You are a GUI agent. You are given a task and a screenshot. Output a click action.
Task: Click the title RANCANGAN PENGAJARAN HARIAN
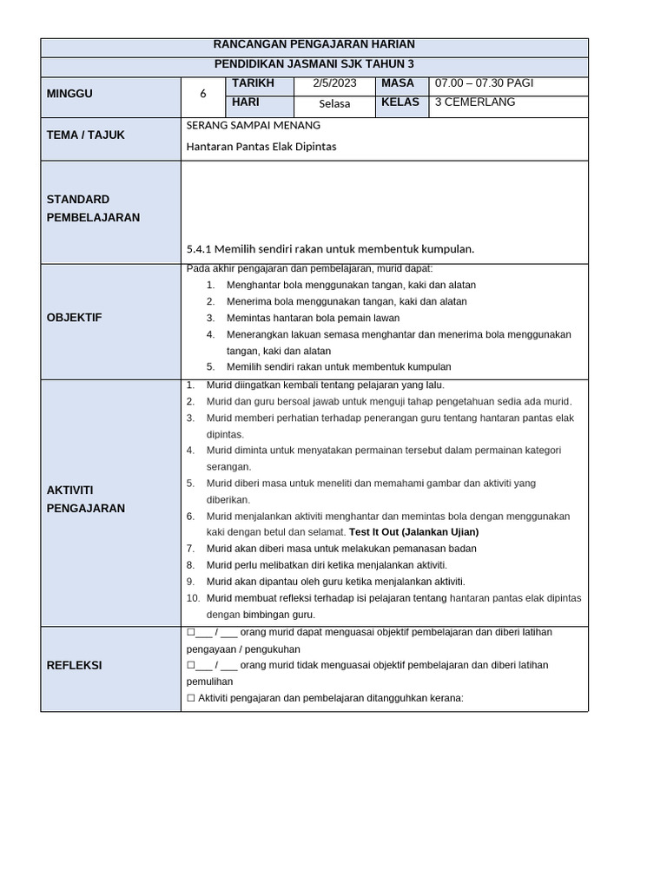click(314, 44)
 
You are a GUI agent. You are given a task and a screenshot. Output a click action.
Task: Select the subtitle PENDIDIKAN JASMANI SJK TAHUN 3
click(314, 64)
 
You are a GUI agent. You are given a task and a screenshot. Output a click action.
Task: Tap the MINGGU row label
click(69, 94)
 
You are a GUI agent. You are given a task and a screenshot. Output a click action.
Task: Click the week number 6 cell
click(203, 94)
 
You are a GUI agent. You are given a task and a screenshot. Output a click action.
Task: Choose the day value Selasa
click(334, 103)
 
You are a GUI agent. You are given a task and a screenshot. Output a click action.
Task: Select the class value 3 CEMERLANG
click(475, 102)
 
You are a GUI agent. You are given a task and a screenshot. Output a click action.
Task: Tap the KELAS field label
click(400, 102)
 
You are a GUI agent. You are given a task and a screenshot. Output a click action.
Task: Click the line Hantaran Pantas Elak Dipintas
click(261, 147)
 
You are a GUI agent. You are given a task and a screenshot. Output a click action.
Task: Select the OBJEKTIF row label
click(74, 318)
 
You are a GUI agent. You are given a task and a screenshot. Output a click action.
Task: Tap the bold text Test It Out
click(380, 532)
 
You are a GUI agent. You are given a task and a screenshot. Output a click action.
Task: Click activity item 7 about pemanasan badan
click(340, 549)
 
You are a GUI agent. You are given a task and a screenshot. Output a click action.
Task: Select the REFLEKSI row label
click(74, 665)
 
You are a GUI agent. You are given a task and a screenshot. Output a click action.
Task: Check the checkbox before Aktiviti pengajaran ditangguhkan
click(191, 698)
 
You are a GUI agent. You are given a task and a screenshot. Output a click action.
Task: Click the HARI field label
click(246, 102)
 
